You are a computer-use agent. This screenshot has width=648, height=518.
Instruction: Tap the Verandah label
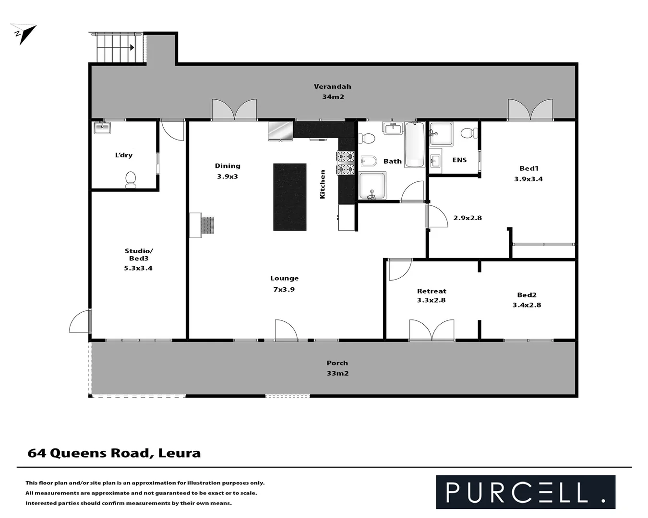point(332,87)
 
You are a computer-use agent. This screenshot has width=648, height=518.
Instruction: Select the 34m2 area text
point(333,97)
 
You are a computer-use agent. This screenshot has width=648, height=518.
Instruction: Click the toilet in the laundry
point(131,180)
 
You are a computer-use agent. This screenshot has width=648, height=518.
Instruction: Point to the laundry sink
point(102,128)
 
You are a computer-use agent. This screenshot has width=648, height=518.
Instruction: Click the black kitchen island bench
point(290,197)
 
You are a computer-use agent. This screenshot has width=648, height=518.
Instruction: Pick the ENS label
point(459,160)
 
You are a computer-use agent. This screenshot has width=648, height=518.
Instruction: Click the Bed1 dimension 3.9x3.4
point(528,179)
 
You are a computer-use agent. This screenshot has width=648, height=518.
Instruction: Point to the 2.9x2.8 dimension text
point(468,218)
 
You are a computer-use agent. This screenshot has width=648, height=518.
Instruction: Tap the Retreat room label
point(432,291)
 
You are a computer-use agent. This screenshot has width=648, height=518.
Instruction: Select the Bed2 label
point(527,295)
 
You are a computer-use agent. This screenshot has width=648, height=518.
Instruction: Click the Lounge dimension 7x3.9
point(284,289)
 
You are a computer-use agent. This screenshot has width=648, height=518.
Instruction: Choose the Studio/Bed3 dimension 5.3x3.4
point(138,268)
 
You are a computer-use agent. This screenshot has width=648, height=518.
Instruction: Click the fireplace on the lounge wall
point(202,225)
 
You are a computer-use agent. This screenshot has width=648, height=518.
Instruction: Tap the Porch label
point(337,363)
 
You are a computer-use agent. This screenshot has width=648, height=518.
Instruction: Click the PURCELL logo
point(525,492)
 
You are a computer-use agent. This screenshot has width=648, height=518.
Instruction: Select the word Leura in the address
point(180,453)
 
